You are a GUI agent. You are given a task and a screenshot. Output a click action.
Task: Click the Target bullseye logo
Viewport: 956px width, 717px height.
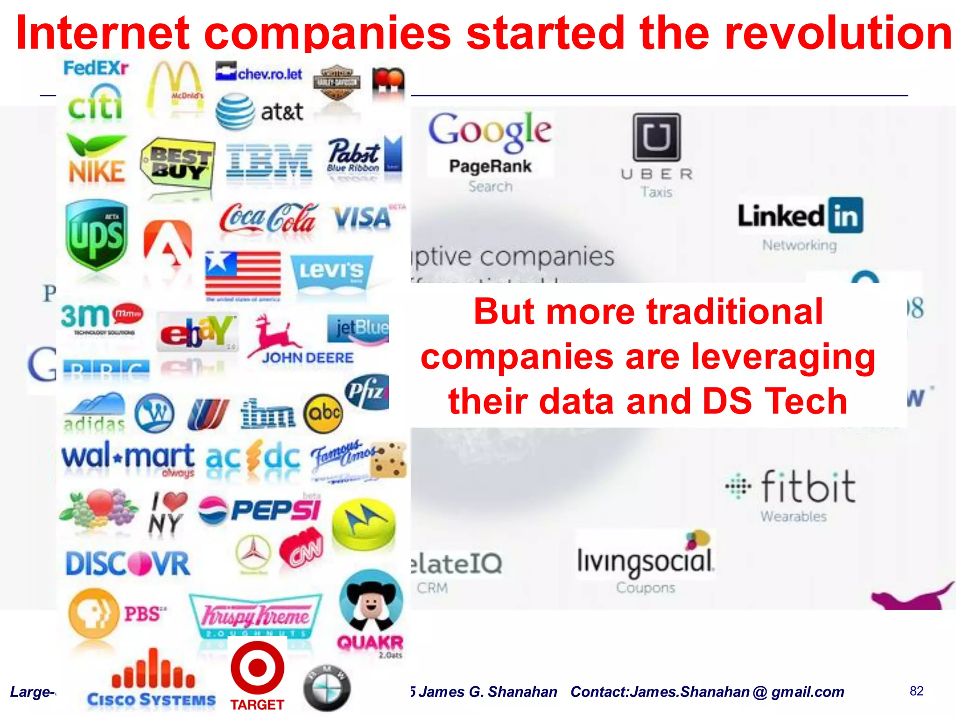coord(257,668)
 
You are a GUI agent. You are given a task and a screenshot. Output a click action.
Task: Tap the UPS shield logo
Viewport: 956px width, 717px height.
coord(96,235)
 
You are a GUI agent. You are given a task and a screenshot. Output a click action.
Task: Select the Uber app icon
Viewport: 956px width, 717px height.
coord(656,137)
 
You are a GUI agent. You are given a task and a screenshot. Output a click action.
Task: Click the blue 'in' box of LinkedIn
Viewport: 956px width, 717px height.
coord(845,216)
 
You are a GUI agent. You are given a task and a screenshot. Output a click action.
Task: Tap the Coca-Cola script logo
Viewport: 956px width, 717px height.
coord(268,218)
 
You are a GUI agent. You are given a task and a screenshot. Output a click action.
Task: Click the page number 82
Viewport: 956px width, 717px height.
coord(916,691)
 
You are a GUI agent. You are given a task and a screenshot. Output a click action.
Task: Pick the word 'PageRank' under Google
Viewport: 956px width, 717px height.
coord(490,166)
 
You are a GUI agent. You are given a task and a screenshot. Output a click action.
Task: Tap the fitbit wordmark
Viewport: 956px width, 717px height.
coord(808,487)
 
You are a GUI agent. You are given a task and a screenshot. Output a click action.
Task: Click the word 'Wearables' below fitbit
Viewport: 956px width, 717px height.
coord(793,516)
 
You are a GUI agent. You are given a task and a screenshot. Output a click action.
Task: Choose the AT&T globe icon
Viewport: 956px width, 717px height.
coord(235,112)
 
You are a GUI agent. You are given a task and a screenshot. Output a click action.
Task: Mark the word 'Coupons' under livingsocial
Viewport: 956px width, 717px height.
coord(645,587)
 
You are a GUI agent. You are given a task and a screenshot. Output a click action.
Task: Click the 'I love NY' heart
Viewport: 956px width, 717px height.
coord(175,502)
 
